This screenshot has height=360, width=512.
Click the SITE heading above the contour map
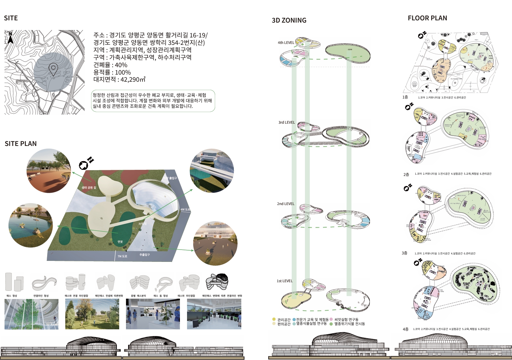click(11, 18)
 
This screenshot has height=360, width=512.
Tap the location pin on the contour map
click(53, 69)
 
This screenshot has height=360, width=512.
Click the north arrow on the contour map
click(10, 38)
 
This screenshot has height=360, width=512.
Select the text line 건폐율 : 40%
click(110, 65)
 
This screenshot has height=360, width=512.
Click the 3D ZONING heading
click(289, 20)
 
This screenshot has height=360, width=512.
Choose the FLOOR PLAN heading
click(427, 18)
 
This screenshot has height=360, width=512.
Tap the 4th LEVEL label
click(286, 43)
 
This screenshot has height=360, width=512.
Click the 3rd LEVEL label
click(287, 122)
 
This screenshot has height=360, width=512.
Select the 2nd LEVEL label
click(286, 204)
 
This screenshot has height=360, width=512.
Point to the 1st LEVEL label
click(284, 281)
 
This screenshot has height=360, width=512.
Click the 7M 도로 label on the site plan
click(122, 256)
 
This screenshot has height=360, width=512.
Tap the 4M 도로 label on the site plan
click(185, 210)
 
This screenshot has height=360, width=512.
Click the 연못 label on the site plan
click(120, 242)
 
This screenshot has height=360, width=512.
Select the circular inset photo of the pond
click(30, 225)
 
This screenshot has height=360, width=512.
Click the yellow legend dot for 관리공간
click(274, 319)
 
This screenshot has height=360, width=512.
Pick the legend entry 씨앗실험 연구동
click(346, 319)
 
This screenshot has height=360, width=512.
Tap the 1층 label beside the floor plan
click(405, 97)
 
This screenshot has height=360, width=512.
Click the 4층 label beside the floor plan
click(405, 329)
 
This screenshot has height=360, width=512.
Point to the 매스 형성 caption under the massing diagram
click(12, 296)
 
